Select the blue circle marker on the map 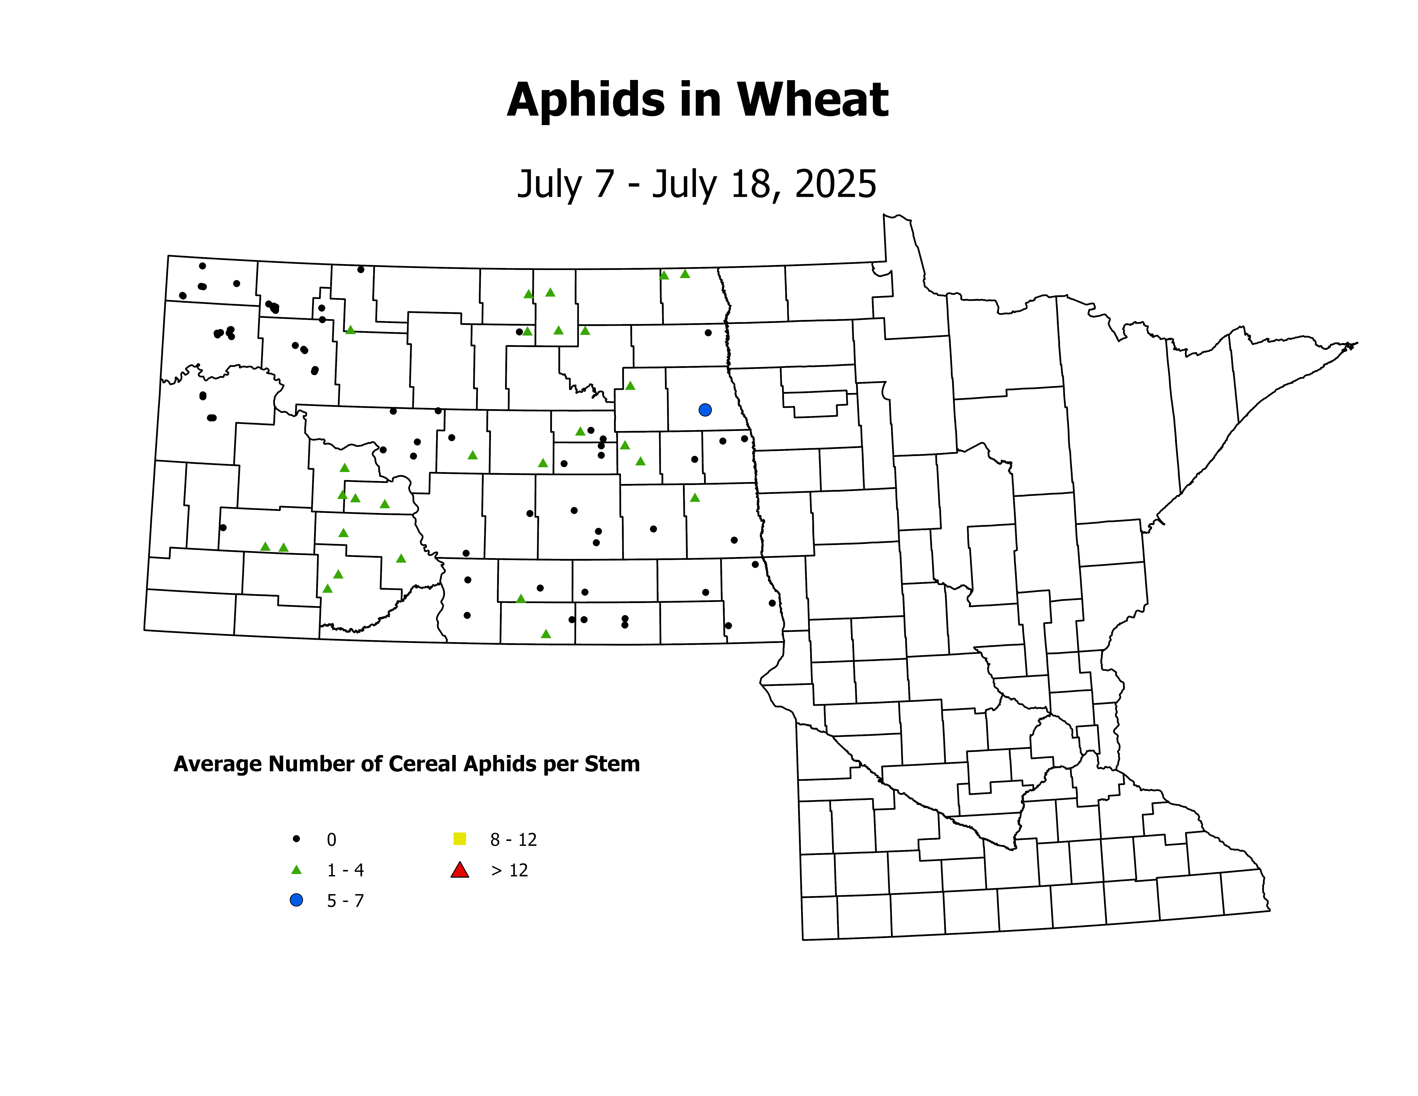[x=705, y=410]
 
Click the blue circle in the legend [x=296, y=900]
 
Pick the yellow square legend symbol [x=460, y=839]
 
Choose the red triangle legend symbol [x=460, y=870]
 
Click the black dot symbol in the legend [x=296, y=839]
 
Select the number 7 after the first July [x=604, y=184]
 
